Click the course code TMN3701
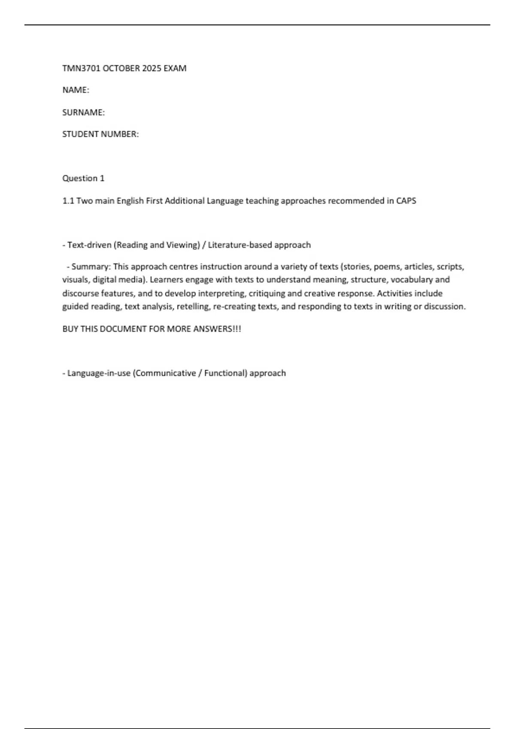click(x=81, y=68)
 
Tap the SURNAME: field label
click(x=84, y=112)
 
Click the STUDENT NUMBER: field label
click(x=100, y=134)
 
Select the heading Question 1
click(x=83, y=178)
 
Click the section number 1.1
click(x=68, y=201)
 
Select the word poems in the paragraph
click(x=387, y=267)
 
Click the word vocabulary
click(x=412, y=280)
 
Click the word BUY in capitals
click(x=70, y=329)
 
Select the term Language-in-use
click(x=99, y=373)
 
